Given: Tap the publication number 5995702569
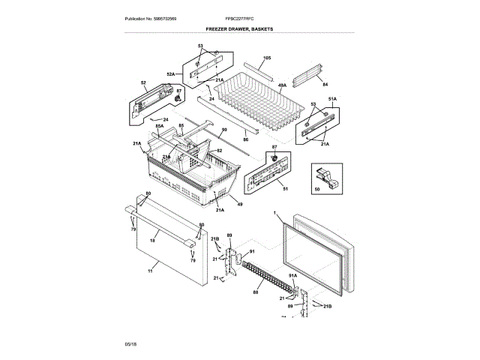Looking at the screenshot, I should click(150, 17).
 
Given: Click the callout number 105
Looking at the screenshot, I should click(266, 58).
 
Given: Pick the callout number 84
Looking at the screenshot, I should click(325, 84).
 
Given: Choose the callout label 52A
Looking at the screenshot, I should click(170, 74).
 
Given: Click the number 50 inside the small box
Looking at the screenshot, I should click(317, 190).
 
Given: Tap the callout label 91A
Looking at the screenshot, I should click(294, 275).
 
